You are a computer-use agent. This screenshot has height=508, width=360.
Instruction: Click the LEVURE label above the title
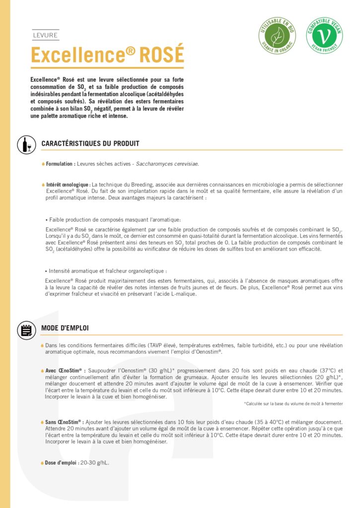[45, 35]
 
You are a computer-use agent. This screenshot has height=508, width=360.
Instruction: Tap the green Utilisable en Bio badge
[277, 35]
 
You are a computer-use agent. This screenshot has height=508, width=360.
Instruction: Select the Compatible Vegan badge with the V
[324, 35]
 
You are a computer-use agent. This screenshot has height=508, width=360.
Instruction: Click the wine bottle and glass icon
[26, 144]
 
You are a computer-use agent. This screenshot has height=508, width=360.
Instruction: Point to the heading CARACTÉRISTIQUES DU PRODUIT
[90, 144]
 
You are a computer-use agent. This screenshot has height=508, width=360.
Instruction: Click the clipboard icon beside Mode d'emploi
[26, 329]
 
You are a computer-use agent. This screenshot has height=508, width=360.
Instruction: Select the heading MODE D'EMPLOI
[65, 328]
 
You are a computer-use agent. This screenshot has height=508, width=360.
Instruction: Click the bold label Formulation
[61, 164]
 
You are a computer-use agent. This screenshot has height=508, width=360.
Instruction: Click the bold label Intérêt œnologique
[69, 185]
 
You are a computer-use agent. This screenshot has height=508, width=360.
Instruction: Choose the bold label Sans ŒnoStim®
[64, 422]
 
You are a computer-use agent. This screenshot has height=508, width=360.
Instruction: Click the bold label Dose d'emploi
[62, 463]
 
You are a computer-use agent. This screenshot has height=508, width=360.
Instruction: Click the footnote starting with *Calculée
[293, 404]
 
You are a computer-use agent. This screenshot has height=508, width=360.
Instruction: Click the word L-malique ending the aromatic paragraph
[182, 294]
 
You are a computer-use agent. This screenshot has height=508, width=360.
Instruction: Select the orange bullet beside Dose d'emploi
[43, 463]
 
